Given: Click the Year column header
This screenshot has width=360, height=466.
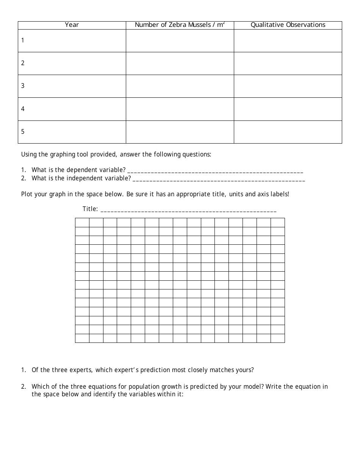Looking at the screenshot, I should click(x=72, y=25).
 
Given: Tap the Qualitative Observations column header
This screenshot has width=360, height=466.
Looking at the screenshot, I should click(x=288, y=25).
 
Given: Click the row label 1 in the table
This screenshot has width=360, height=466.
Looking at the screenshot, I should click(x=23, y=40).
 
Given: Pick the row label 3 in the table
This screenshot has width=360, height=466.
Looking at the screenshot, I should click(x=23, y=86).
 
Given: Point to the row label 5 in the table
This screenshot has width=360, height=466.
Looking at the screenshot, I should click(x=23, y=132).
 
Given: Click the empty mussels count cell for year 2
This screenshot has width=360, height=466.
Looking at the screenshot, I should click(x=180, y=63).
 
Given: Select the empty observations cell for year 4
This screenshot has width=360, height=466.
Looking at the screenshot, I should click(x=288, y=109).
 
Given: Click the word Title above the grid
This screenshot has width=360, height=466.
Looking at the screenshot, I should click(x=90, y=209).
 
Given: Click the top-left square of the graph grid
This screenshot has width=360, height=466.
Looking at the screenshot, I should click(x=82, y=222).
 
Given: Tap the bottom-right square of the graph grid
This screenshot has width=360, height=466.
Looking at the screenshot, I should click(x=278, y=338).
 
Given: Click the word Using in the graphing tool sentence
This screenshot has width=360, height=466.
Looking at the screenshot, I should click(x=29, y=155).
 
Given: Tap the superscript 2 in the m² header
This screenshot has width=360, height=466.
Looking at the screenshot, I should click(x=224, y=23).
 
